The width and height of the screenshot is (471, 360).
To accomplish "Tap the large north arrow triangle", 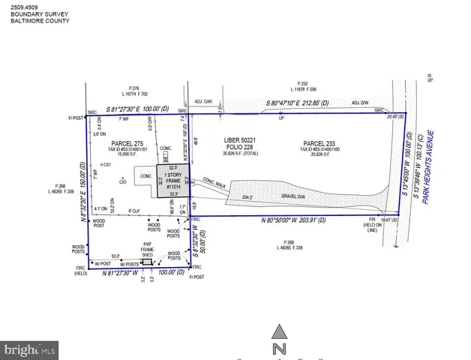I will pos(279,331).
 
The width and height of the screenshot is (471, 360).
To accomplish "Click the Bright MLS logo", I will pos(29,349).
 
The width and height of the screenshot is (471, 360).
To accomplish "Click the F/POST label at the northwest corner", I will pos(73,118).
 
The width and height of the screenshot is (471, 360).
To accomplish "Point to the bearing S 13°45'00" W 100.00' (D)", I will pos(406,165).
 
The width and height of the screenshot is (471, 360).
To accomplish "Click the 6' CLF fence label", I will pos(134,211).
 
